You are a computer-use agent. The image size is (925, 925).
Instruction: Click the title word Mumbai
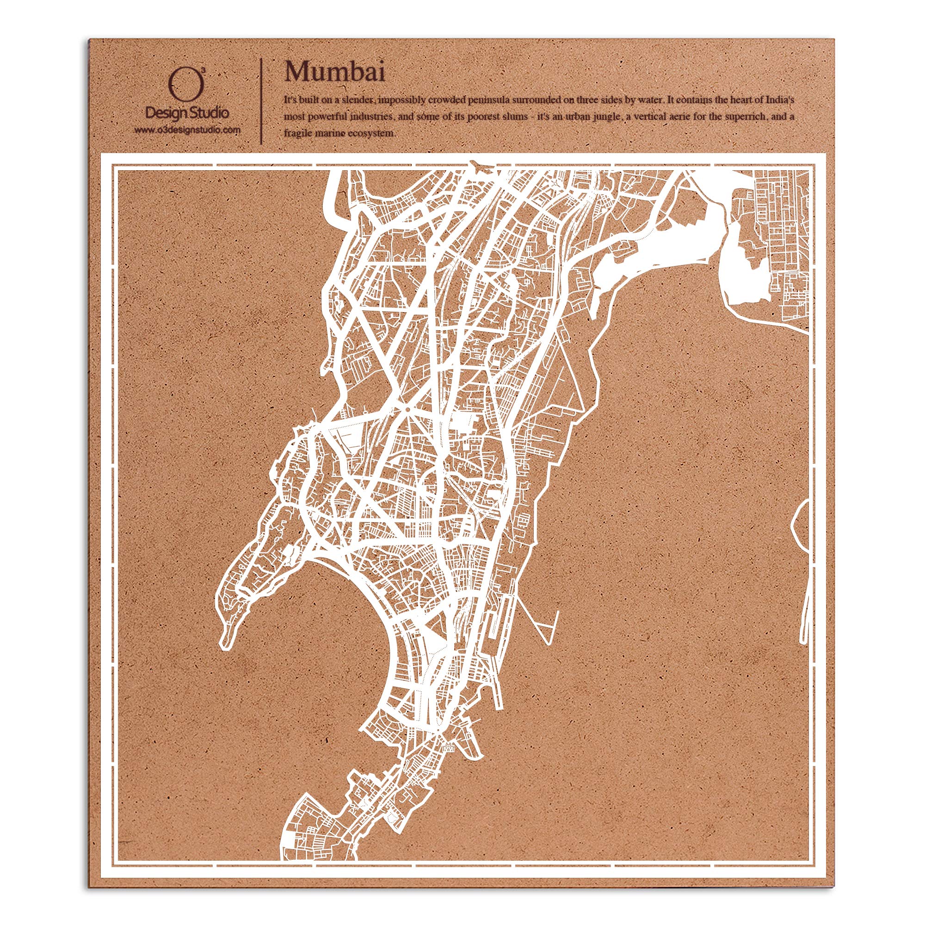tap(335, 72)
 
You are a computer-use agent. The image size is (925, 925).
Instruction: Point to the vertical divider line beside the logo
tap(261, 100)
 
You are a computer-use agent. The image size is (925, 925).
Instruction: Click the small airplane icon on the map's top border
tap(479, 165)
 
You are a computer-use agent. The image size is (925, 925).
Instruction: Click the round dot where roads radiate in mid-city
tap(407, 410)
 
